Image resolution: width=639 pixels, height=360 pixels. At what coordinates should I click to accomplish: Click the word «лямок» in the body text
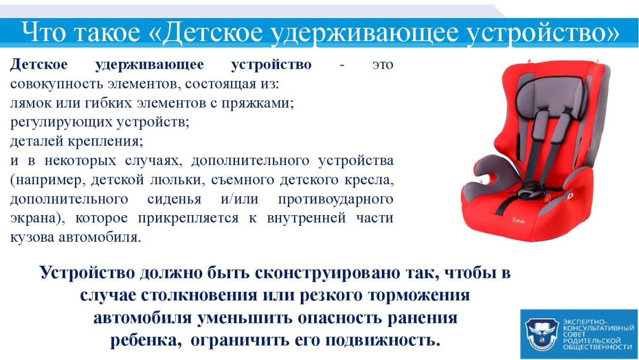[28, 104]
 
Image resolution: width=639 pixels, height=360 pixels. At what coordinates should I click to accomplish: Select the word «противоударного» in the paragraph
[335, 199]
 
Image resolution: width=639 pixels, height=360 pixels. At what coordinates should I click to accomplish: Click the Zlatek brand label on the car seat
[518, 218]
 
